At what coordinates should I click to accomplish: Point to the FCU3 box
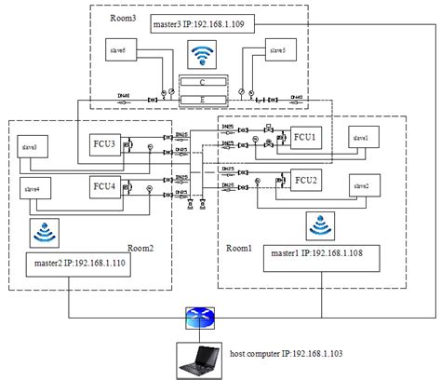[105, 144]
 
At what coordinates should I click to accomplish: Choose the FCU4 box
[105, 187]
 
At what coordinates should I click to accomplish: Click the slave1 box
[362, 137]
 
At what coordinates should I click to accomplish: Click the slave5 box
[276, 50]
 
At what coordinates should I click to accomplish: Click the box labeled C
[202, 81]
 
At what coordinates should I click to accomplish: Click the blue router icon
[199, 319]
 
